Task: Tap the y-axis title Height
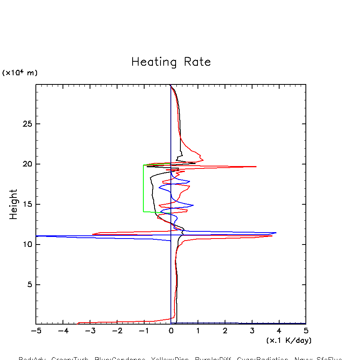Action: pos(14,204)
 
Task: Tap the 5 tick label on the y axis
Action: pos(29,285)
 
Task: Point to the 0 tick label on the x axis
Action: pos(171,331)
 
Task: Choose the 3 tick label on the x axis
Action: pos(252,331)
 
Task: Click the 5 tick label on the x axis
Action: pos(306,331)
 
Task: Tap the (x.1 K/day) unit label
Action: pos(289,341)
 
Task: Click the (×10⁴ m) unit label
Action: pos(20,73)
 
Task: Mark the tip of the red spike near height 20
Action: pos(256,166)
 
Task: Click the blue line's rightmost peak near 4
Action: pos(276,233)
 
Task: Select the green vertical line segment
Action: pos(143,188)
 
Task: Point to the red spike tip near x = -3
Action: pos(92,234)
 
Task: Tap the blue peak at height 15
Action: pos(193,205)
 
